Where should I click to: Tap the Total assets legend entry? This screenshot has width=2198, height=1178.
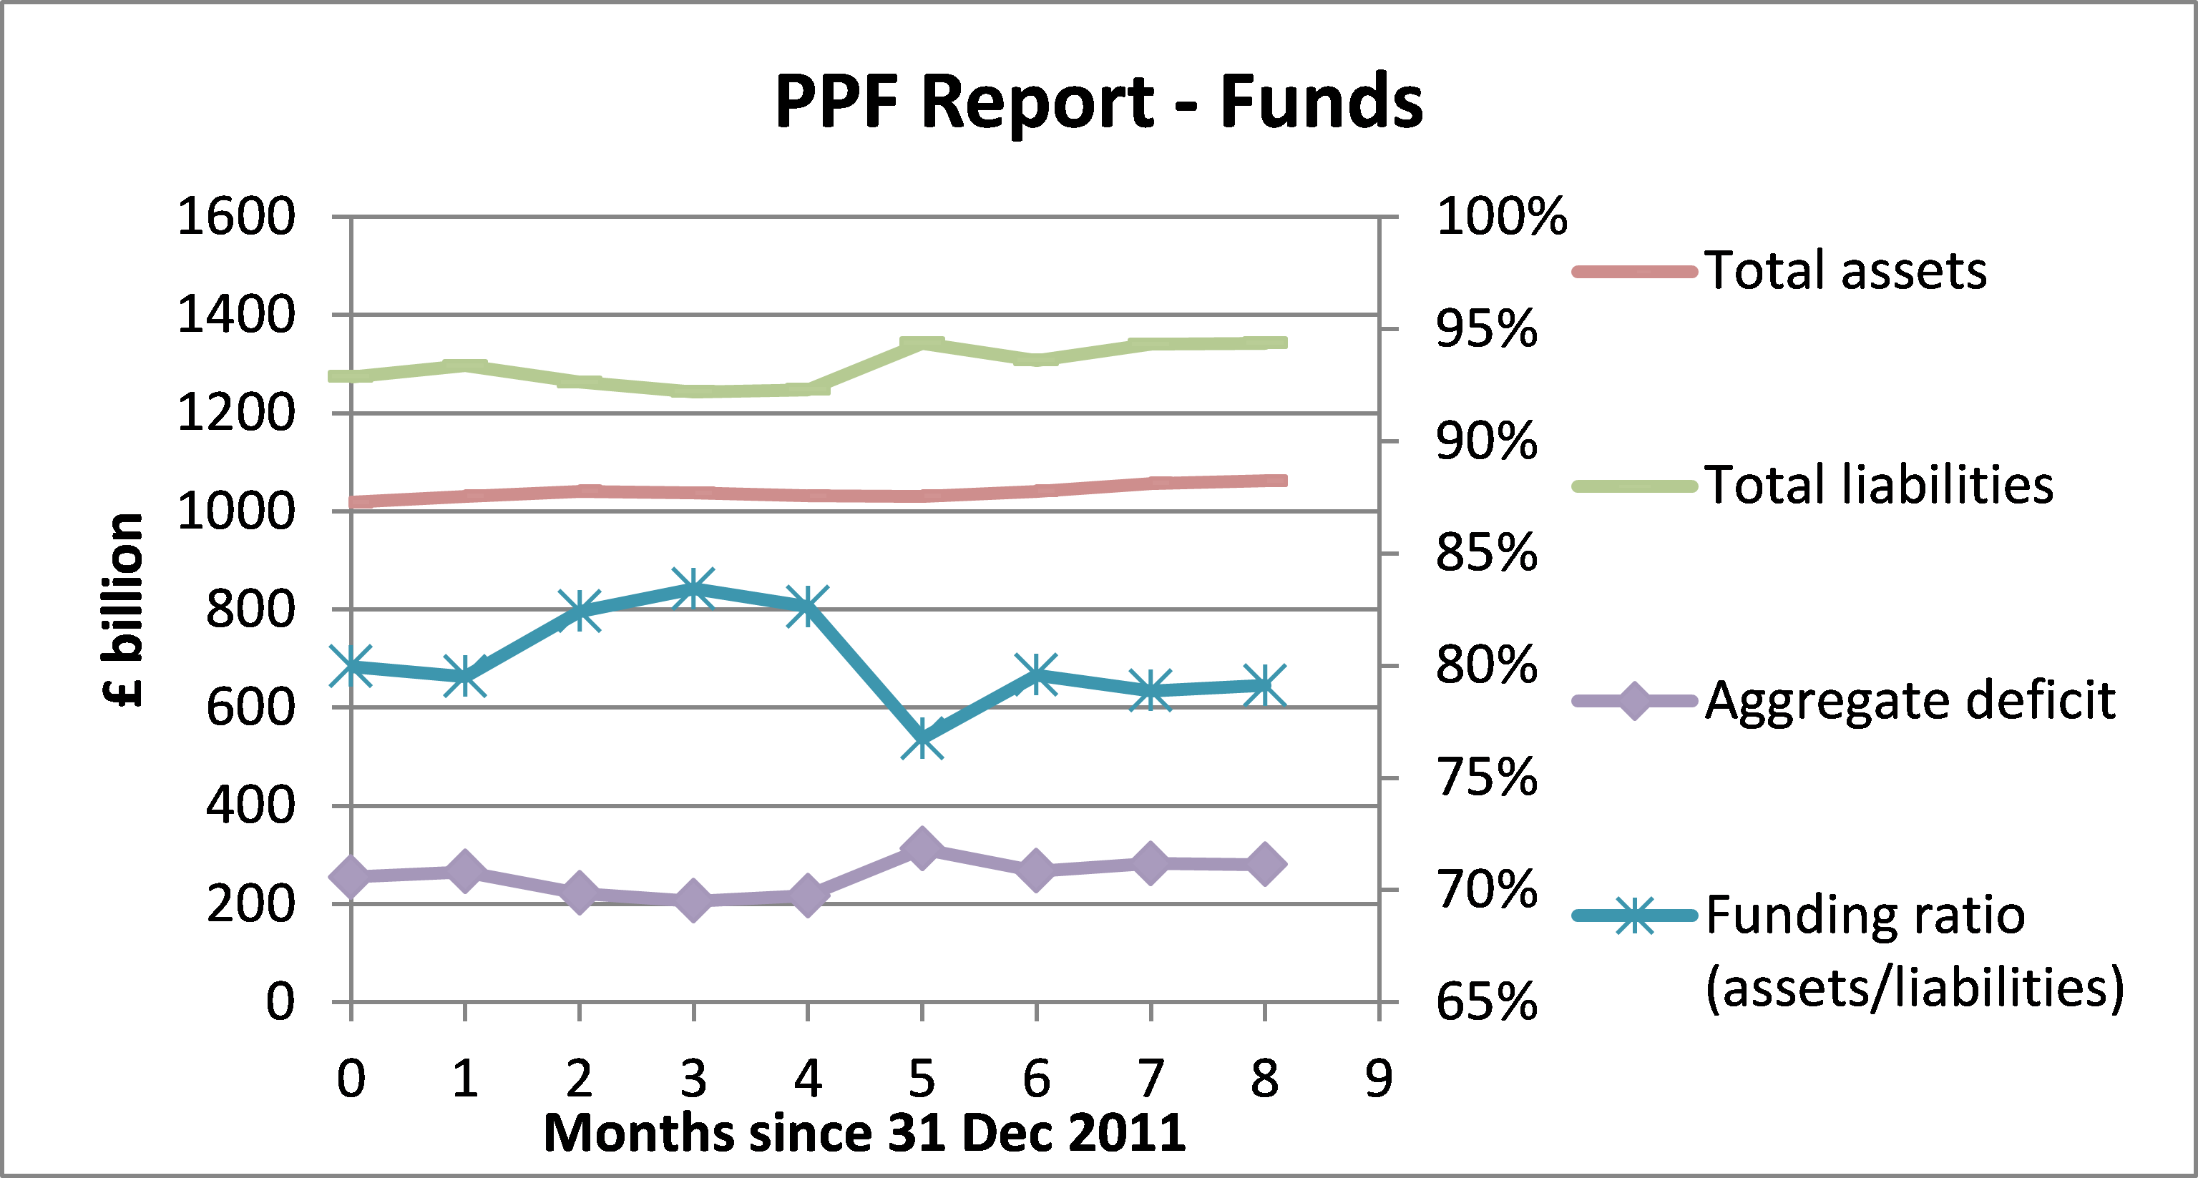[1845, 271]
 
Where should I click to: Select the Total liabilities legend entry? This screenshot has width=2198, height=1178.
[1878, 486]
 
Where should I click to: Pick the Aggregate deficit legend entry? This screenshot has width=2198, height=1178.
[1910, 701]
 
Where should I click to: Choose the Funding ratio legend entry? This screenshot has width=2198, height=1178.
[1865, 917]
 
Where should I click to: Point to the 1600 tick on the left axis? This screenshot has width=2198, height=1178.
[235, 217]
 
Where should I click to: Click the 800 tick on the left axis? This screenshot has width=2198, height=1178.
[250, 610]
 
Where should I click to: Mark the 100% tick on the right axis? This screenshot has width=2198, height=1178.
[1502, 217]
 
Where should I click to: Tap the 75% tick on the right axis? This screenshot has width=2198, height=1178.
[1486, 778]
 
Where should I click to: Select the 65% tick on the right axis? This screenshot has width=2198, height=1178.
[1486, 1002]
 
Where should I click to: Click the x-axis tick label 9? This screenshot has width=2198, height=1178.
[1379, 1079]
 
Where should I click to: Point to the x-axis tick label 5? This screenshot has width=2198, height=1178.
[922, 1079]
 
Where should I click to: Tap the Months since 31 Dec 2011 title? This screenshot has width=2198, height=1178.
[864, 1134]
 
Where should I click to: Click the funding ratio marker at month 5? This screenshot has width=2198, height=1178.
[922, 738]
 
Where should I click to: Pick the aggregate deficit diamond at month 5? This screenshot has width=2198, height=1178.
[922, 847]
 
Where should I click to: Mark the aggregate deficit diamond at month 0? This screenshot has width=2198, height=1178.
[351, 876]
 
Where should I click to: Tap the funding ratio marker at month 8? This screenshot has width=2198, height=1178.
[1264, 685]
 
